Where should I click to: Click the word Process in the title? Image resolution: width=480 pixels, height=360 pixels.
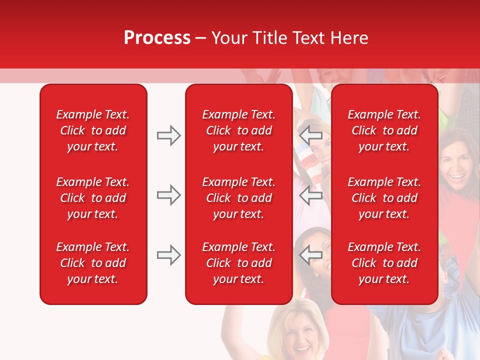(x=157, y=38)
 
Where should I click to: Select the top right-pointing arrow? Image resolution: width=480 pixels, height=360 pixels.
(x=169, y=135)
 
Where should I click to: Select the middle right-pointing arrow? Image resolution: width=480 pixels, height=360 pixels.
(x=169, y=195)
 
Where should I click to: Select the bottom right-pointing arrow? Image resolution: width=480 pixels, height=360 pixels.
(x=169, y=255)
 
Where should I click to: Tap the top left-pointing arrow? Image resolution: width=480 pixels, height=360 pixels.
(x=310, y=135)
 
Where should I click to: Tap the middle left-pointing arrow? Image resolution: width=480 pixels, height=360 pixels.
(x=310, y=195)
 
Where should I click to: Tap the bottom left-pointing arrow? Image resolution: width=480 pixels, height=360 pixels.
(x=310, y=255)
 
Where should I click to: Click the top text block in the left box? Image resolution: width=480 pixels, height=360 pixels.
(x=93, y=130)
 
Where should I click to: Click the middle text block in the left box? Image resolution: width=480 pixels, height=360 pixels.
(x=93, y=198)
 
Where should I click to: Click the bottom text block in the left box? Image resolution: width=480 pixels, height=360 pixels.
(x=93, y=263)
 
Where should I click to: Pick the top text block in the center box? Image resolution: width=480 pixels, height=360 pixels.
(x=238, y=130)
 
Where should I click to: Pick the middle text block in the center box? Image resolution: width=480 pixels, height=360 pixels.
(x=238, y=198)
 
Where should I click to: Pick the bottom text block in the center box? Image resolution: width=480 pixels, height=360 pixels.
(x=238, y=263)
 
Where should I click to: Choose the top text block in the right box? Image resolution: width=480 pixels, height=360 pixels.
(x=384, y=130)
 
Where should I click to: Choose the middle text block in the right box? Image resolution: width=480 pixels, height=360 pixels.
(x=384, y=198)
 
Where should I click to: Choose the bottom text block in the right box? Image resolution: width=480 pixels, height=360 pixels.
(x=384, y=263)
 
